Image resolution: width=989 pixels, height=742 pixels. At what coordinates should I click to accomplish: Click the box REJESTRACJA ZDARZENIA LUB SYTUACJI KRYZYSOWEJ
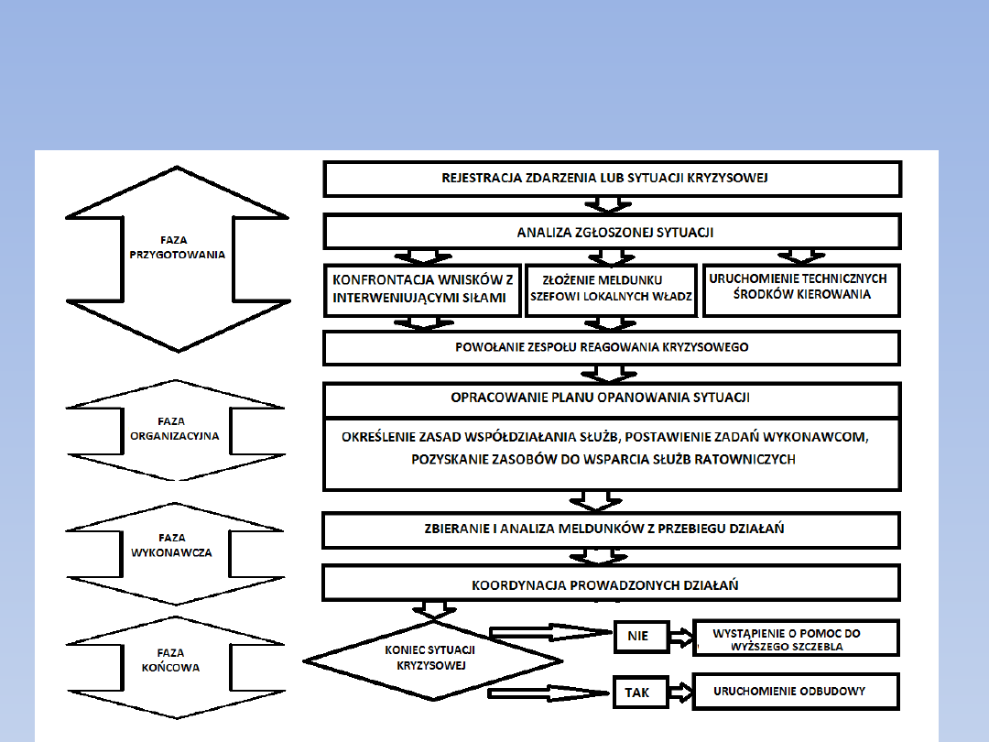pos(612,179)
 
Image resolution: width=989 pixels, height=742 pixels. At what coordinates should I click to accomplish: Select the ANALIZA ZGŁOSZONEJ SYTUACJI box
pos(612,233)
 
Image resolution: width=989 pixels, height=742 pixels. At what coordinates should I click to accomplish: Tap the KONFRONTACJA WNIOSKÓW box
pos(423,289)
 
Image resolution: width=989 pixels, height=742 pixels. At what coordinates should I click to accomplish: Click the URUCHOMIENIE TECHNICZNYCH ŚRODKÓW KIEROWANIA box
pos(801,289)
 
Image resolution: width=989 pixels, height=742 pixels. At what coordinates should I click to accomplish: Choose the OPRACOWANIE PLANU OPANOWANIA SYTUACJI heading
pos(612,398)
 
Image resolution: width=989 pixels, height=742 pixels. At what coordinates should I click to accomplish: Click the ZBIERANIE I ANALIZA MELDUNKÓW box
pos(612,529)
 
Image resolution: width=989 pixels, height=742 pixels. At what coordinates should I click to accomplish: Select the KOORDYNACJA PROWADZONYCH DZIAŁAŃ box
pos(612,584)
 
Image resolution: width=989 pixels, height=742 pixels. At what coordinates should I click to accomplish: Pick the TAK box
pos(638,692)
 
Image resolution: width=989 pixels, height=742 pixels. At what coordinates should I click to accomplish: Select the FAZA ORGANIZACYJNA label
pos(173,430)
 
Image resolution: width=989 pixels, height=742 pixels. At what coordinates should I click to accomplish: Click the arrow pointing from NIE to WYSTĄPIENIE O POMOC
pos(682,635)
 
